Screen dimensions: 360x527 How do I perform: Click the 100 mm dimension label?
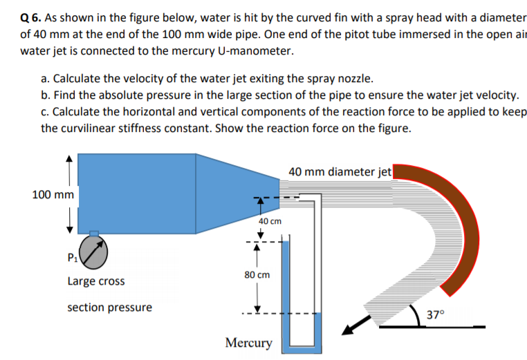53,195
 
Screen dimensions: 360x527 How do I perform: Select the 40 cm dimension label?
270,221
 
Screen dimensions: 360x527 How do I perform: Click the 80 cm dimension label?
257,274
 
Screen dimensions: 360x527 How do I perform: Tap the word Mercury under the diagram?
249,343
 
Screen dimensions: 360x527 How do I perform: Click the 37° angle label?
437,314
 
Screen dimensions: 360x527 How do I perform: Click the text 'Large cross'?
96,281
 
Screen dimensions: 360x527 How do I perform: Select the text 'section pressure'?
109,307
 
